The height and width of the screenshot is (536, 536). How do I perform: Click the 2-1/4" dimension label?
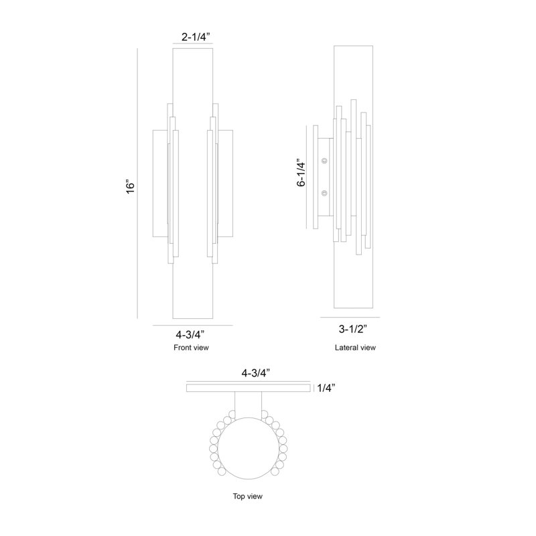196,37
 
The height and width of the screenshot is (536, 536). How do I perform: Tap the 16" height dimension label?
131,186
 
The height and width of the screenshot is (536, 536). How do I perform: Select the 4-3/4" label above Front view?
190,334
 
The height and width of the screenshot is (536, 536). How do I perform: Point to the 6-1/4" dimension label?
301,173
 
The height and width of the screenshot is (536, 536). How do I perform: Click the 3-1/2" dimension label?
353,329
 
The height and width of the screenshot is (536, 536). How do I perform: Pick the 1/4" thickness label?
326,388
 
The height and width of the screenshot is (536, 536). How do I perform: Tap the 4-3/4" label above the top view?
256,373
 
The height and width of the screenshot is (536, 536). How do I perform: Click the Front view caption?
191,348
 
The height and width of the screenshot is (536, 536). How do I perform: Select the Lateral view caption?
355,348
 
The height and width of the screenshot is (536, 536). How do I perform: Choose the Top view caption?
248,496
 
